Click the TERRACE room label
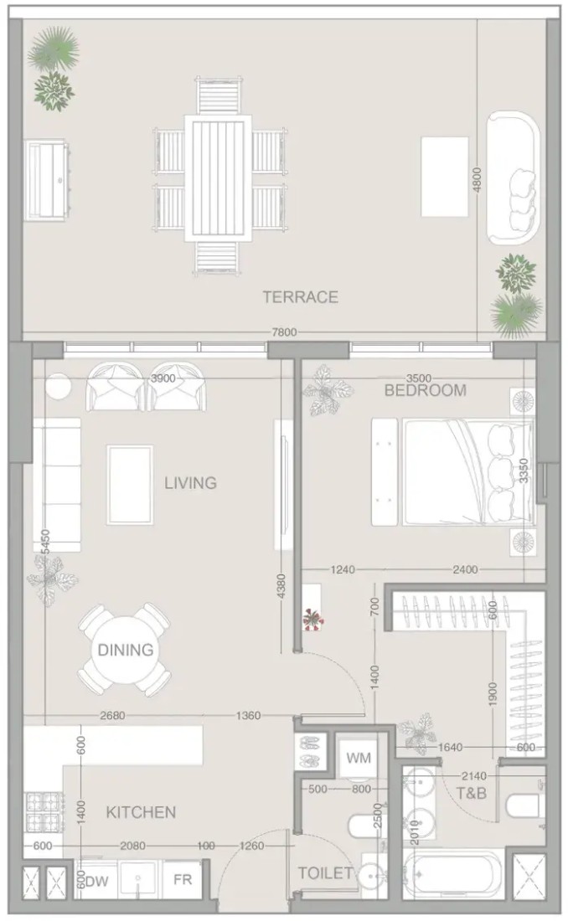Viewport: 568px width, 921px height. click(300, 296)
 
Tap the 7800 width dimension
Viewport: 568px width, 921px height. click(284, 332)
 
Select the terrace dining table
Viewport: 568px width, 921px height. click(218, 178)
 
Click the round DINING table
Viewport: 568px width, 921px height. click(125, 649)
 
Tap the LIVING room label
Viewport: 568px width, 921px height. click(190, 483)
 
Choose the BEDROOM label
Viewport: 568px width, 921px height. click(425, 390)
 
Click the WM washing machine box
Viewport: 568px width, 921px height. click(358, 758)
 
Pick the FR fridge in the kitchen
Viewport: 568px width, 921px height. click(183, 879)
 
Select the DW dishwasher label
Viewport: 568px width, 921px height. click(98, 882)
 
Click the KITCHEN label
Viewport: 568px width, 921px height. click(141, 812)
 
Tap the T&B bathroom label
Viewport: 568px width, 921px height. click(472, 793)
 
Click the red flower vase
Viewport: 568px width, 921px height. click(312, 619)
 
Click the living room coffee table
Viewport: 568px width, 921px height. click(130, 485)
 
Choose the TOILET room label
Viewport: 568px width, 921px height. click(325, 873)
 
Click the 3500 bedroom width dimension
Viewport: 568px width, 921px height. click(419, 378)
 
